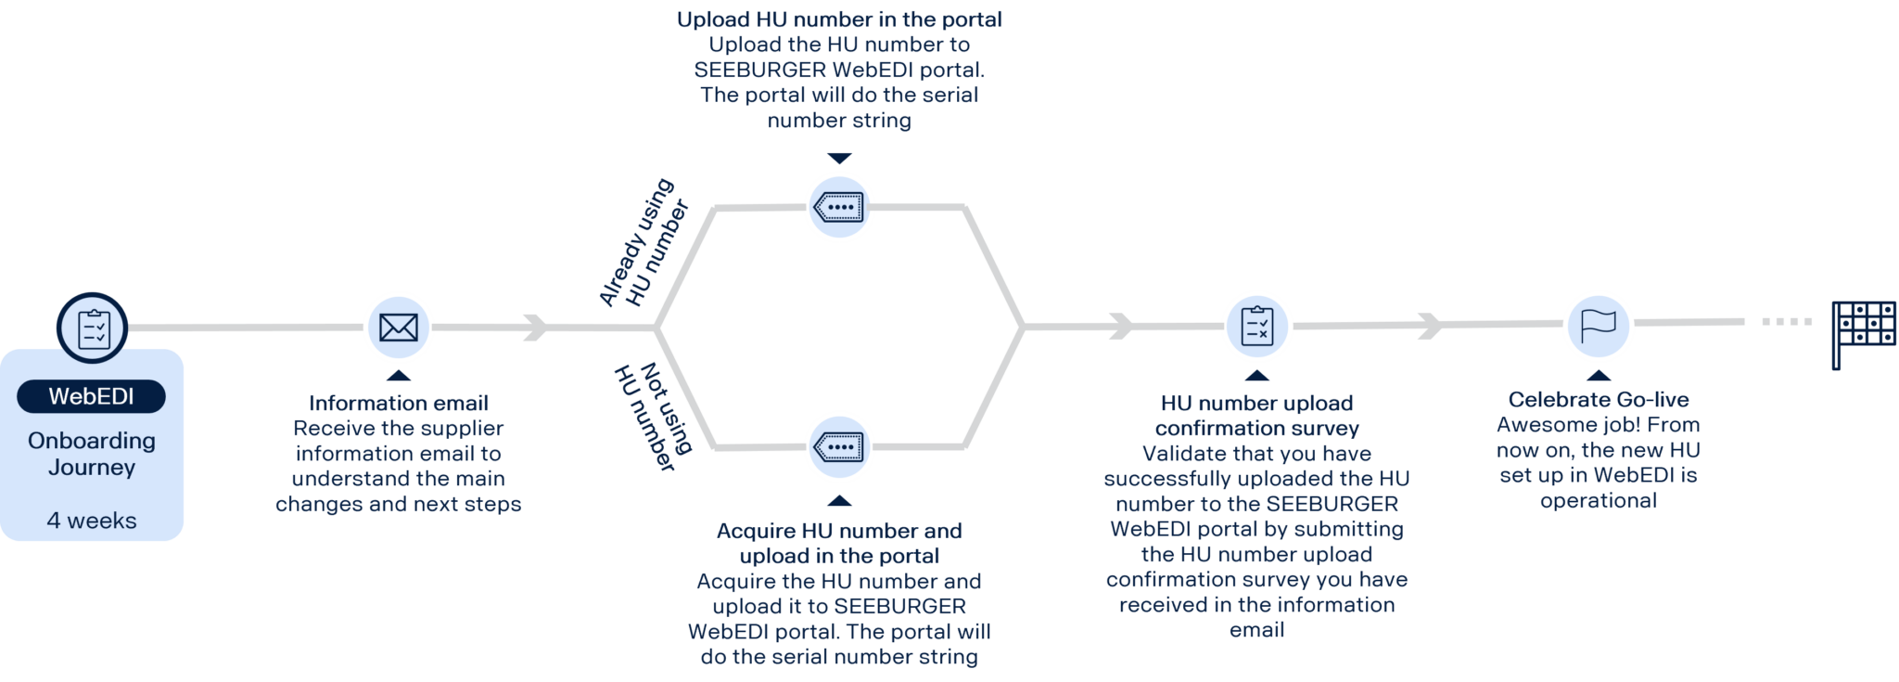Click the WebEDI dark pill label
coord(91,396)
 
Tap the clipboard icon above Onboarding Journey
coord(93,328)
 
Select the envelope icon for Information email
coord(399,328)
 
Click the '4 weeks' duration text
coord(92,521)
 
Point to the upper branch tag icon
coord(839,207)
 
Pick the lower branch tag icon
coord(839,447)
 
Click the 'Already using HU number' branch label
coord(644,243)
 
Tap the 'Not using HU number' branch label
coord(653,417)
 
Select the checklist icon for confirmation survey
coord(1256,326)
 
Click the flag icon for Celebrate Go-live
coord(1598,325)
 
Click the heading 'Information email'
coord(399,403)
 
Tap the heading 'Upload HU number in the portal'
coord(839,19)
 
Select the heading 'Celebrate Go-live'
coord(1598,400)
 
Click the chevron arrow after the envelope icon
coord(535,328)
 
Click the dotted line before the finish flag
coord(1787,322)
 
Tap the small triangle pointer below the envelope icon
coord(399,376)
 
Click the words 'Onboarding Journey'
coord(92,454)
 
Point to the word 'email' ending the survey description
coord(1256,630)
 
